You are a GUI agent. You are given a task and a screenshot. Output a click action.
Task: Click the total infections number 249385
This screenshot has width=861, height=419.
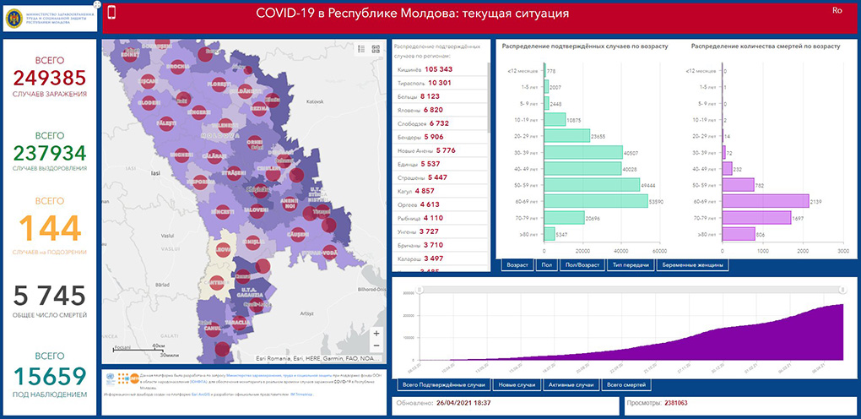click(x=50, y=79)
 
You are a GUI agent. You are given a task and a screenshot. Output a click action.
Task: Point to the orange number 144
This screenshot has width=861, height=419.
click(x=50, y=228)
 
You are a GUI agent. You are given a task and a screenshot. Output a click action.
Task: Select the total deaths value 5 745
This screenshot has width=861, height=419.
click(x=50, y=296)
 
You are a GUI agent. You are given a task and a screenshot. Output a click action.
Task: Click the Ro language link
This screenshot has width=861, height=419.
click(x=837, y=10)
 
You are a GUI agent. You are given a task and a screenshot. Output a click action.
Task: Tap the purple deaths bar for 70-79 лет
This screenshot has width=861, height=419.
click(x=756, y=218)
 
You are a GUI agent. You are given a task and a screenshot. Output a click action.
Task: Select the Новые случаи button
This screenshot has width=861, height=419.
click(x=516, y=385)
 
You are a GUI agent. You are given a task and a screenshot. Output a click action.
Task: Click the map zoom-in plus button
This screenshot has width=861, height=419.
click(x=376, y=333)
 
